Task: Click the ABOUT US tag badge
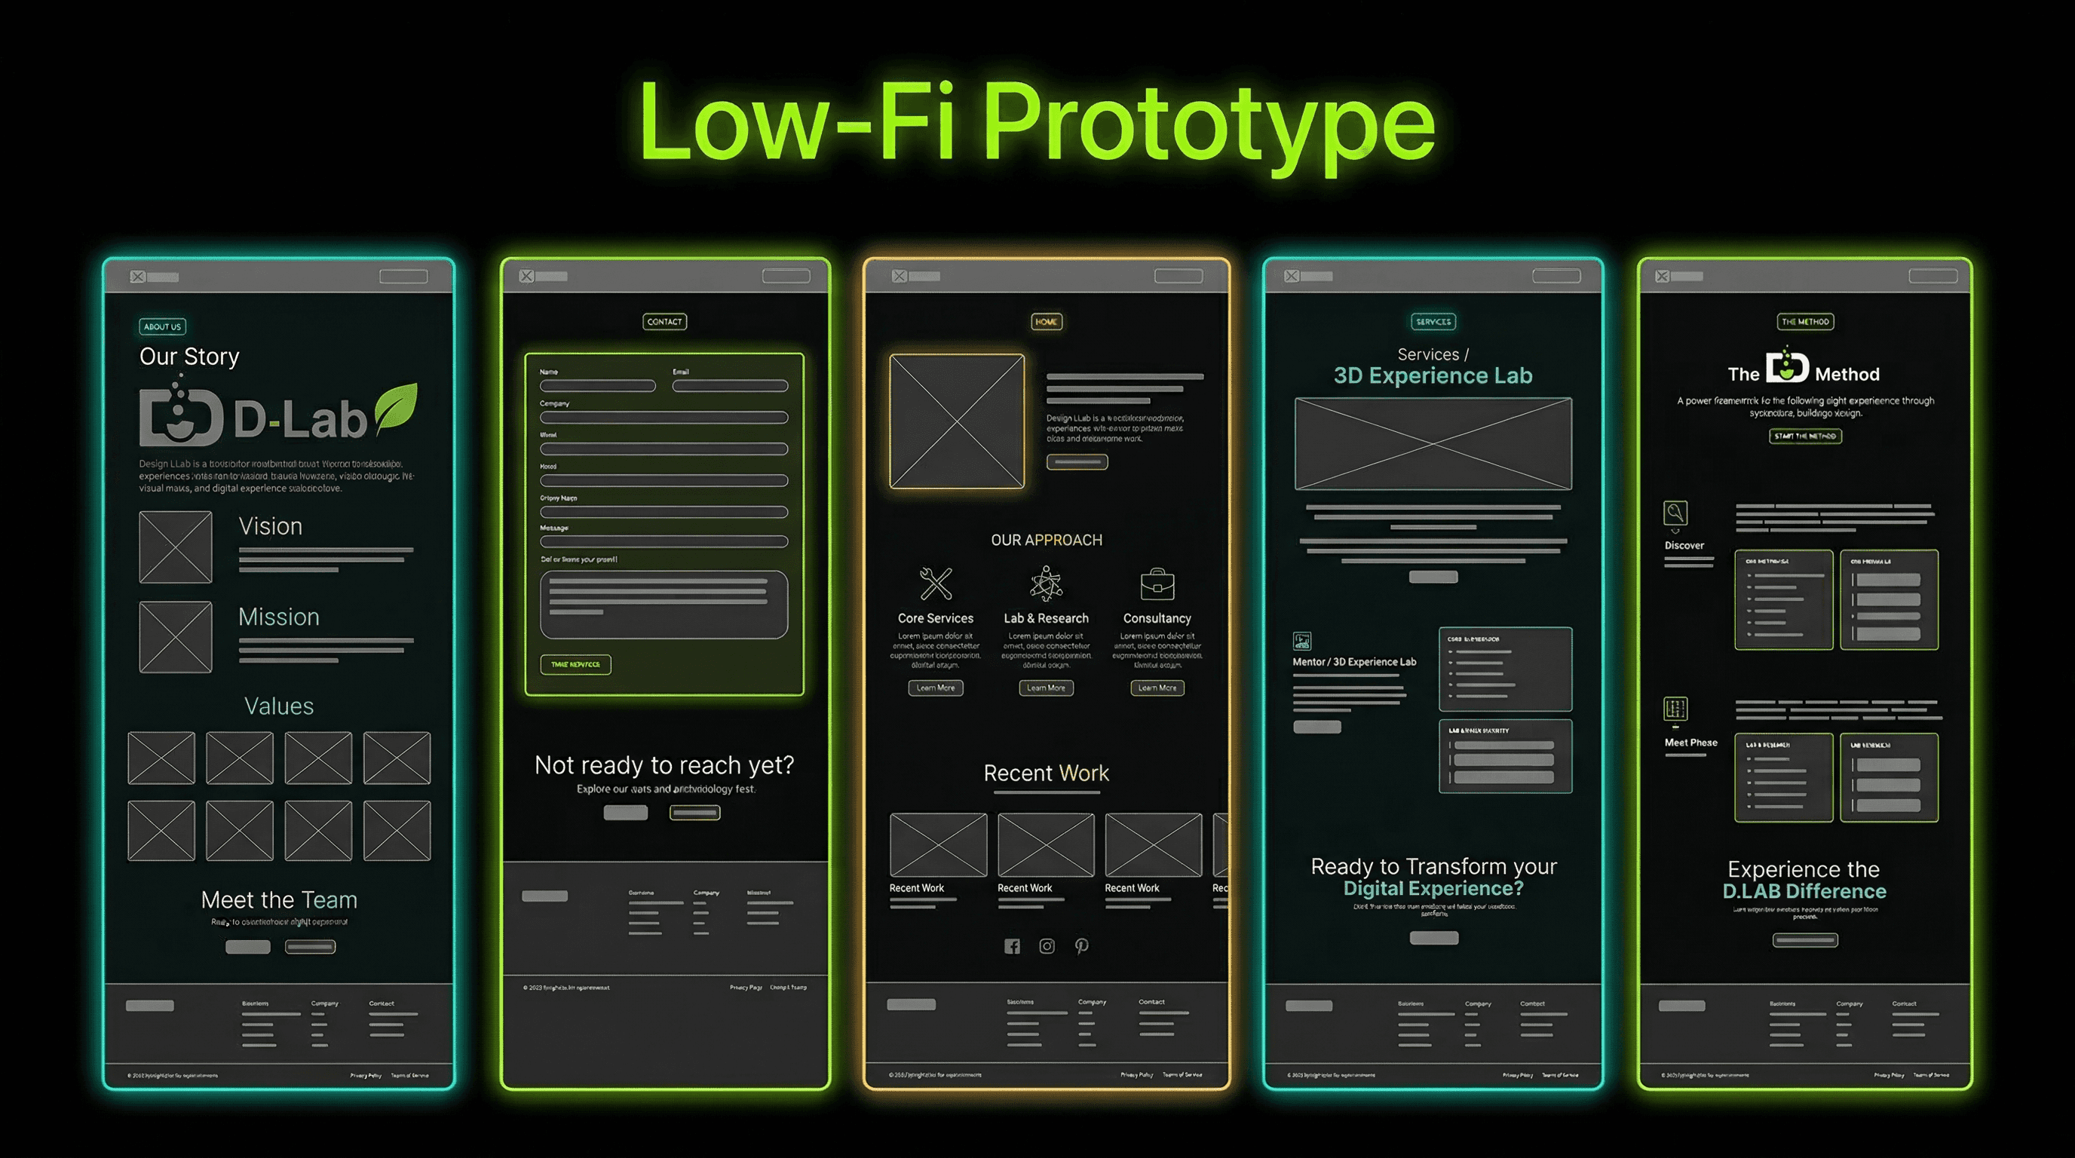click(x=162, y=326)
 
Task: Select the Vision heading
click(x=271, y=527)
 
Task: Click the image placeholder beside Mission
click(x=176, y=637)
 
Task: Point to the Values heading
click(x=279, y=706)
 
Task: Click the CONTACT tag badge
click(x=664, y=321)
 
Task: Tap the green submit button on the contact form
click(x=575, y=664)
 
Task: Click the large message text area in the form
click(x=664, y=604)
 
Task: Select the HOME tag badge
click(x=1047, y=321)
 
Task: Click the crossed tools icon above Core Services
click(x=936, y=583)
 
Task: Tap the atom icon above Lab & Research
click(x=1046, y=583)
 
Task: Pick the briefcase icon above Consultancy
click(x=1157, y=584)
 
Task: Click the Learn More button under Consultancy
click(x=1157, y=688)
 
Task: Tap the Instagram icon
click(x=1047, y=946)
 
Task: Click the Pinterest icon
click(x=1082, y=946)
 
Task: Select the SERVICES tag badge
click(x=1433, y=321)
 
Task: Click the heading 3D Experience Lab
click(x=1433, y=375)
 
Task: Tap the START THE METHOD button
click(x=1805, y=436)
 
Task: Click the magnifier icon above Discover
click(x=1675, y=512)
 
